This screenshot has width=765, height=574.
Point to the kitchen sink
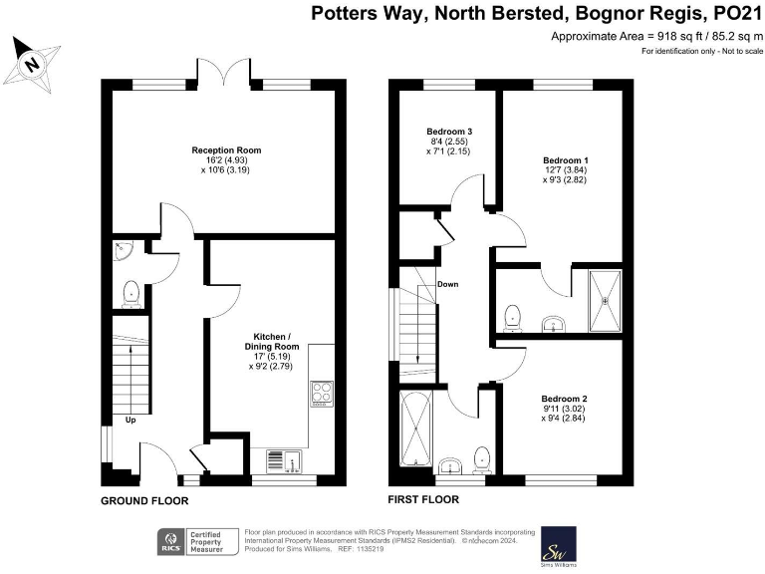285,460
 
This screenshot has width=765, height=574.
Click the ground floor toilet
130,293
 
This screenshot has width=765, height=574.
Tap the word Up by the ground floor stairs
130,420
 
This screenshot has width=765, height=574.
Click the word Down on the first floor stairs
447,284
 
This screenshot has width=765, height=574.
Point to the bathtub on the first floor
413,433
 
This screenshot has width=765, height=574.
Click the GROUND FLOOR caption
144,500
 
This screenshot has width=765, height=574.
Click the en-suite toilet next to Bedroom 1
513,315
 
